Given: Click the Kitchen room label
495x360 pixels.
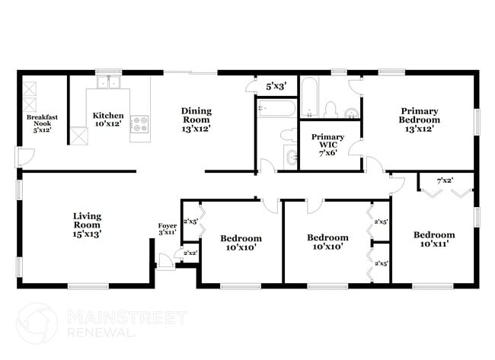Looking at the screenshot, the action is tap(108, 119).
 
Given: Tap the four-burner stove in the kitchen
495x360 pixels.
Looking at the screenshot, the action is tap(140, 124).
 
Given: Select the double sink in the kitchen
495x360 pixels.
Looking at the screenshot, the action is tap(109, 82).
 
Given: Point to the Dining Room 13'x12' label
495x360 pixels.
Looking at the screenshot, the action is tap(196, 120).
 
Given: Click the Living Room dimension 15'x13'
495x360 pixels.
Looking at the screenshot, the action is tap(87, 234).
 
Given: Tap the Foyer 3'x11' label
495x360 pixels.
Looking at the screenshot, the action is tap(168, 229).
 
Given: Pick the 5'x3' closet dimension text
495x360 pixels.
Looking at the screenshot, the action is tap(276, 86).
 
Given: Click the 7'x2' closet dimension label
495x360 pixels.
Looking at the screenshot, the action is tap(445, 181).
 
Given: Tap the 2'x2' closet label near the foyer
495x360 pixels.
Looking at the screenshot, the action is tap(190, 253).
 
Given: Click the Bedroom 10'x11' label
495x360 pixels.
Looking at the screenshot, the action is tap(434, 239).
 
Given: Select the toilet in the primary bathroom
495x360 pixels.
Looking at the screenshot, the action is tap(331, 109).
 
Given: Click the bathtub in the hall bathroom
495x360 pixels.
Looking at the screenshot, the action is tap(276, 108).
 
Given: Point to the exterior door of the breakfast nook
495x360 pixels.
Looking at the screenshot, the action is tap(25, 157).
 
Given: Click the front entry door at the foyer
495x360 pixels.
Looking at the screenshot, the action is tap(166, 262).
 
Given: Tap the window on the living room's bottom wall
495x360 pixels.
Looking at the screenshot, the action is tap(88, 286).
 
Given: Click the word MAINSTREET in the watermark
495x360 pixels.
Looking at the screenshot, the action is tap(127, 317).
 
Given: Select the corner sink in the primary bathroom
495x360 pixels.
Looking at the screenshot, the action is tap(352, 113).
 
